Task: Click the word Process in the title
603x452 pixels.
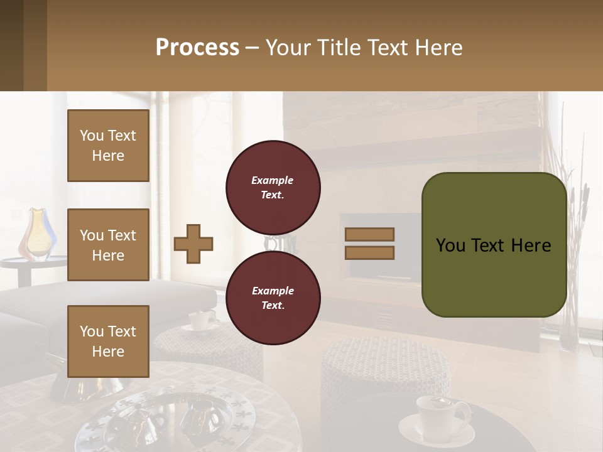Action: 197,48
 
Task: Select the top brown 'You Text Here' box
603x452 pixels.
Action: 108,146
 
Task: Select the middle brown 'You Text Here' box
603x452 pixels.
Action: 108,245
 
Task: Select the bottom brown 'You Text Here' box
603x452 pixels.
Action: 108,341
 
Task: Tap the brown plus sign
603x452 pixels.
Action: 193,243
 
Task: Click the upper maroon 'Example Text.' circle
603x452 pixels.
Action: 273,188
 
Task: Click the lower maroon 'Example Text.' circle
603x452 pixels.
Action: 273,298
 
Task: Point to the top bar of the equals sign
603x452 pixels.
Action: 369,234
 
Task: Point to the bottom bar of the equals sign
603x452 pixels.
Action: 369,252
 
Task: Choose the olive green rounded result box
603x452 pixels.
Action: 494,245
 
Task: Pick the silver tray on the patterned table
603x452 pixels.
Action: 182,421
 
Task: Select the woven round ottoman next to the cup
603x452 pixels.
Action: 384,374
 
